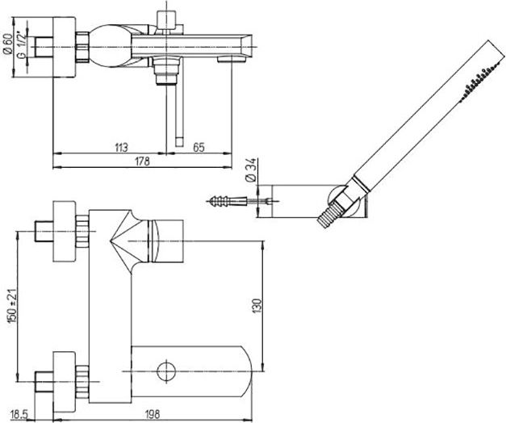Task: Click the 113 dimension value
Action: [121, 147]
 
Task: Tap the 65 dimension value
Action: [199, 147]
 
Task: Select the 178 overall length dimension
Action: [142, 161]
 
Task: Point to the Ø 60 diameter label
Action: [8, 43]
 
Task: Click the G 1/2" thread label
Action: [21, 44]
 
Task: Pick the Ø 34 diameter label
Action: [251, 170]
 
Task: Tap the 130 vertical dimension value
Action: [257, 305]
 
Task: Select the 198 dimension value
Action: [153, 413]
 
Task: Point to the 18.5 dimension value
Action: [19, 413]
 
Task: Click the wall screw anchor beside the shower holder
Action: [227, 202]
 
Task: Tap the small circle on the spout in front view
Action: [166, 371]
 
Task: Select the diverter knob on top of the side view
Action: [166, 20]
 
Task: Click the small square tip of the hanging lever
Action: [179, 142]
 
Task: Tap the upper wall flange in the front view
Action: [65, 231]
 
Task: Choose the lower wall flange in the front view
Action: [65, 382]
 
